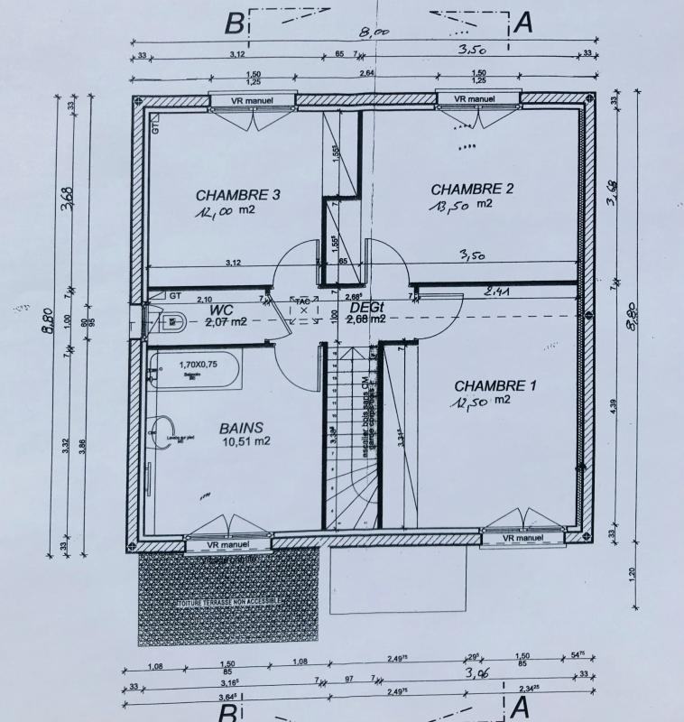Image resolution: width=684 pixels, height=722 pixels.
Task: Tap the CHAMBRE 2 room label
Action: pyautogui.click(x=472, y=190)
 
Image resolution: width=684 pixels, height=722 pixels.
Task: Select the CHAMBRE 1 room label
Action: pyautogui.click(x=495, y=385)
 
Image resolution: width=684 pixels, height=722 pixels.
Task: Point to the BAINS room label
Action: pyautogui.click(x=241, y=427)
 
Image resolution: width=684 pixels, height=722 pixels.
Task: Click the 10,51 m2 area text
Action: pyautogui.click(x=245, y=441)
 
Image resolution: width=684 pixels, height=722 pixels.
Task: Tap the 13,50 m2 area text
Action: pyautogui.click(x=460, y=205)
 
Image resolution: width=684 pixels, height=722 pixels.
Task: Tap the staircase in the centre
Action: pyautogui.click(x=351, y=433)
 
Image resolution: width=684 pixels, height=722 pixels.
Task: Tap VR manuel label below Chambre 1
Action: pyautogui.click(x=517, y=539)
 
